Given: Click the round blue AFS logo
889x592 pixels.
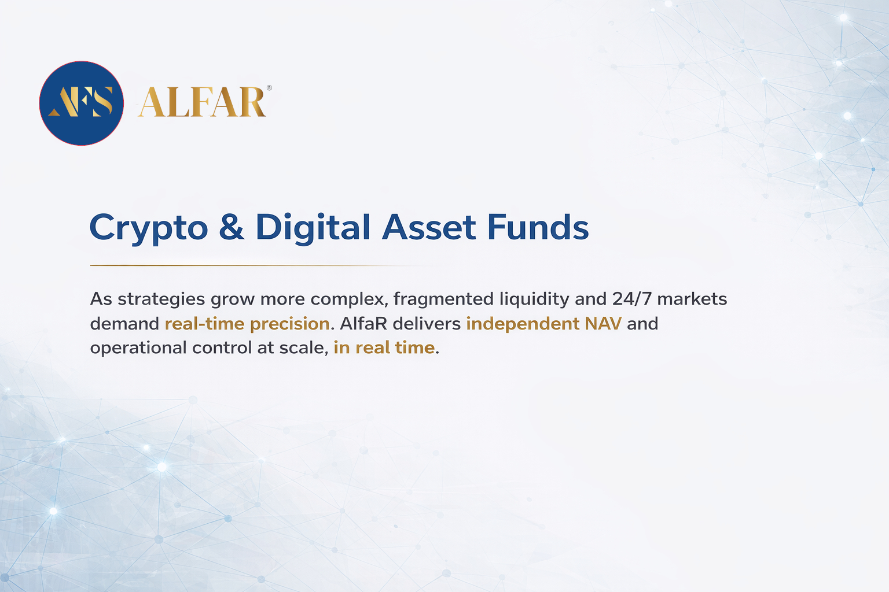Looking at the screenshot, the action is [x=82, y=103].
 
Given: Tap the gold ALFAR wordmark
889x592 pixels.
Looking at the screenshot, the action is [x=202, y=102].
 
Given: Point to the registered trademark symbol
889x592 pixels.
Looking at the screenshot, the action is [x=269, y=88].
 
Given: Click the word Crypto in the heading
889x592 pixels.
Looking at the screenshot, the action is [x=149, y=228].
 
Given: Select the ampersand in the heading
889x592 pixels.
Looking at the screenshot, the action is [x=232, y=227].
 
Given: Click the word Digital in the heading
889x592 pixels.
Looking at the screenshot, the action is [x=313, y=228].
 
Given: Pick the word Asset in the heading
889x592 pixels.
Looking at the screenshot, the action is [x=429, y=227].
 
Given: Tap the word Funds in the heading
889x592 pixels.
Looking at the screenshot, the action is [x=538, y=227].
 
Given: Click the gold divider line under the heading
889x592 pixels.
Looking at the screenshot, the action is [x=262, y=265].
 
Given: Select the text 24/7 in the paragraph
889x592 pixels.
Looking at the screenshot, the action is [x=632, y=299].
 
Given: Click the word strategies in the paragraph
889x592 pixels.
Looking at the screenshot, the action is [x=161, y=300].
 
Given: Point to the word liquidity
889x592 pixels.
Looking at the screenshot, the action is [x=534, y=300].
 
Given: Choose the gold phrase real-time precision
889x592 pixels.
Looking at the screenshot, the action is [x=247, y=324].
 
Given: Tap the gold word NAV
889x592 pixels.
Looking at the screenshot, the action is [x=603, y=324].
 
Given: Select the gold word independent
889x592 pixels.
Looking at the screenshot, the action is [x=523, y=324].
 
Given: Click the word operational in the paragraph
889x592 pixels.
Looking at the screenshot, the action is [x=138, y=348].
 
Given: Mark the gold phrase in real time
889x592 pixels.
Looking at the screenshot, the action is [x=384, y=348].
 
